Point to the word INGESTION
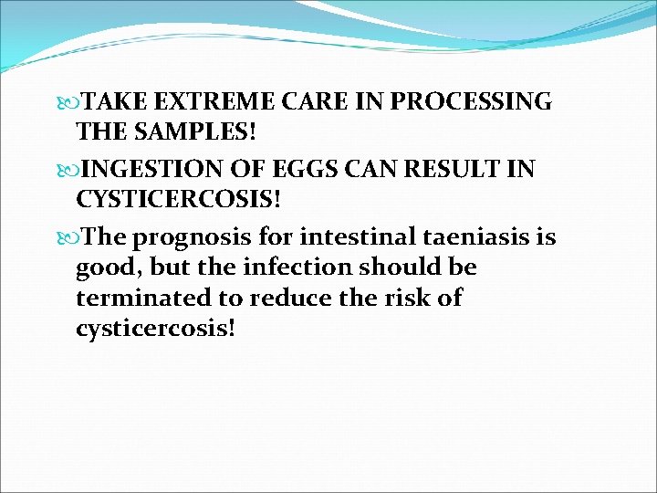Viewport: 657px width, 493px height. [157, 169]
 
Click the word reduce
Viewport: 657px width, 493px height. [286, 298]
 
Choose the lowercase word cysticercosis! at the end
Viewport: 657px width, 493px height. [155, 328]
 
